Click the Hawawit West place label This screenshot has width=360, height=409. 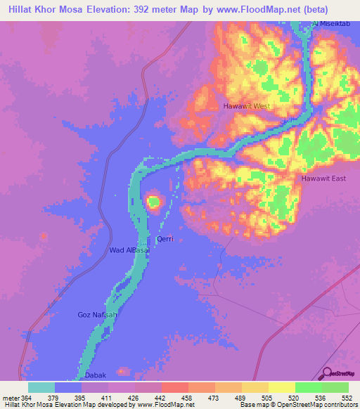coord(246,106)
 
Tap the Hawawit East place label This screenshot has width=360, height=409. coord(323,178)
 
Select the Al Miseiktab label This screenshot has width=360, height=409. coord(331,25)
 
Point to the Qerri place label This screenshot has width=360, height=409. coord(165,239)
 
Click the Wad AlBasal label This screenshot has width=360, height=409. coord(129,250)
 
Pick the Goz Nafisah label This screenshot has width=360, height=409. coord(96,315)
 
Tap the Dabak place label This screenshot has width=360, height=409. coord(95,375)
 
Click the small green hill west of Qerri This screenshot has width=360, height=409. coord(153,203)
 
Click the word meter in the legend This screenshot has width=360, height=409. coord(10,398)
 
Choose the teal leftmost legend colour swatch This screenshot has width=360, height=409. coord(41,387)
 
